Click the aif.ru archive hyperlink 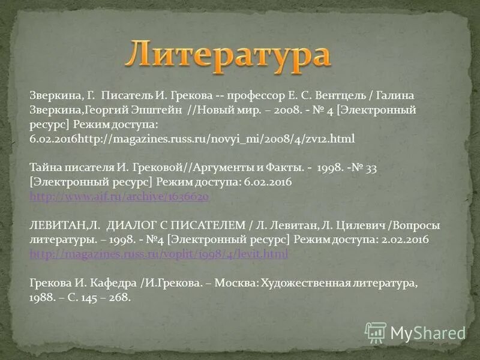point(119,196)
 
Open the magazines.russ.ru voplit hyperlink point(159,254)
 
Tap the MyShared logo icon point(376,332)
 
